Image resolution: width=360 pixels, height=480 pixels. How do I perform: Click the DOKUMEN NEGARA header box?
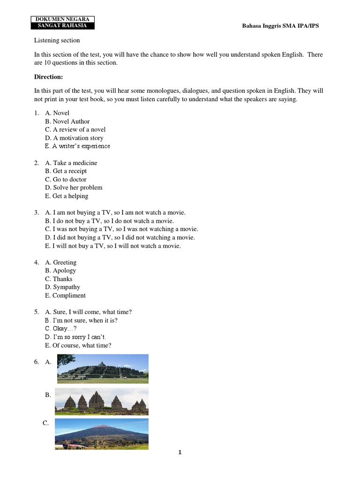tap(63, 19)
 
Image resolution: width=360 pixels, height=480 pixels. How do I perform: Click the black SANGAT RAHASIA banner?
tap(63, 26)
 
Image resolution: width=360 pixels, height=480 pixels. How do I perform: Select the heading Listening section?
tap(57, 40)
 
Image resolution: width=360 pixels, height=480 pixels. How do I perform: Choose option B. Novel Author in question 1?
tap(67, 121)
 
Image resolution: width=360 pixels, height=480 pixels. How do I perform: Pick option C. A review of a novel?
tap(75, 129)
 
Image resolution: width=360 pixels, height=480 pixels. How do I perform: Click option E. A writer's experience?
tap(77, 146)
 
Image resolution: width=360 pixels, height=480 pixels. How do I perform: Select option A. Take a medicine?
tap(71, 163)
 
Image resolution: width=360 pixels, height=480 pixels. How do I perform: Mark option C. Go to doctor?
tap(66, 179)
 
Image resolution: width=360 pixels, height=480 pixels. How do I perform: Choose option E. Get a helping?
tap(67, 196)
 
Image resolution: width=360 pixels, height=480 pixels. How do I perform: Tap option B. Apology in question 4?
tap(60, 270)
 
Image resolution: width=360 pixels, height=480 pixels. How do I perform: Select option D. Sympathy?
tap(62, 287)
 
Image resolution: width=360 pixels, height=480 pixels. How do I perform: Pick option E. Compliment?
tap(65, 295)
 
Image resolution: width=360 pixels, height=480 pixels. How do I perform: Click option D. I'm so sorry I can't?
tap(79, 337)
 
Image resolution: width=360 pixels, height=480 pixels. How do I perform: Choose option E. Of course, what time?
tap(78, 345)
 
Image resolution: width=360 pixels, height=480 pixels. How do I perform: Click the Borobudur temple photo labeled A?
tap(103, 368)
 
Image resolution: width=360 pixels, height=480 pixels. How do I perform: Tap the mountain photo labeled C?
tap(101, 434)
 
